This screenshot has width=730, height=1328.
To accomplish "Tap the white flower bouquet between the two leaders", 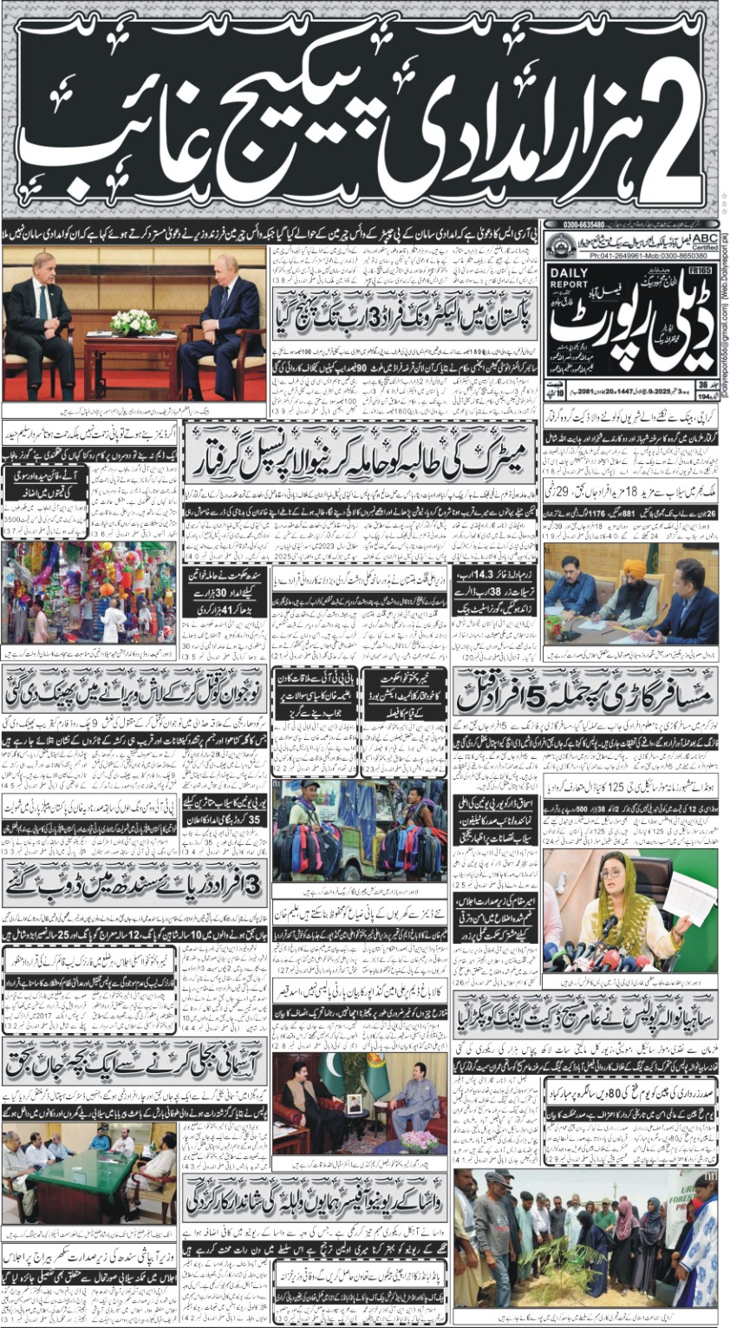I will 134,324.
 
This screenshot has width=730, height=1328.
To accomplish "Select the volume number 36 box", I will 703,385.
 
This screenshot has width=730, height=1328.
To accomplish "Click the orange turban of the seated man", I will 635,567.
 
